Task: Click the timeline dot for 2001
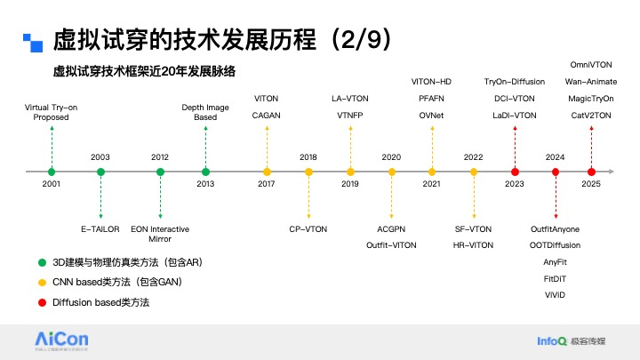52,172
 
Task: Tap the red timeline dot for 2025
591,172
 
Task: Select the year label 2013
205,184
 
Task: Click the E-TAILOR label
100,228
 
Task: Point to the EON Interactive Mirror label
160,234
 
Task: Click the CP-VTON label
308,228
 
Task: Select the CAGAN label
267,116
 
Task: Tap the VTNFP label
350,116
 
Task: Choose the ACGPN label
391,228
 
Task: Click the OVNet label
431,116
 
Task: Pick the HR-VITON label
473,244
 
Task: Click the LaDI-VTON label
515,116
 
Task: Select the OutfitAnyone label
555,228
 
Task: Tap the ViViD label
555,294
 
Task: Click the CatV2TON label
590,116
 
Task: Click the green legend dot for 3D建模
42,262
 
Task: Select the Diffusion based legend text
101,302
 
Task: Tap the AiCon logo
60,340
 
